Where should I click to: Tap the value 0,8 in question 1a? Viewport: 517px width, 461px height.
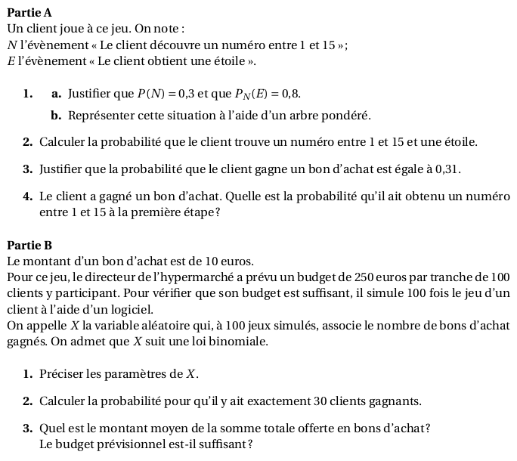click(x=290, y=94)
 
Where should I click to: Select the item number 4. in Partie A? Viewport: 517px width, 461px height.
click(x=27, y=196)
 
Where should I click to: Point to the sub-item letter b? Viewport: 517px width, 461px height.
click(x=56, y=116)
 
